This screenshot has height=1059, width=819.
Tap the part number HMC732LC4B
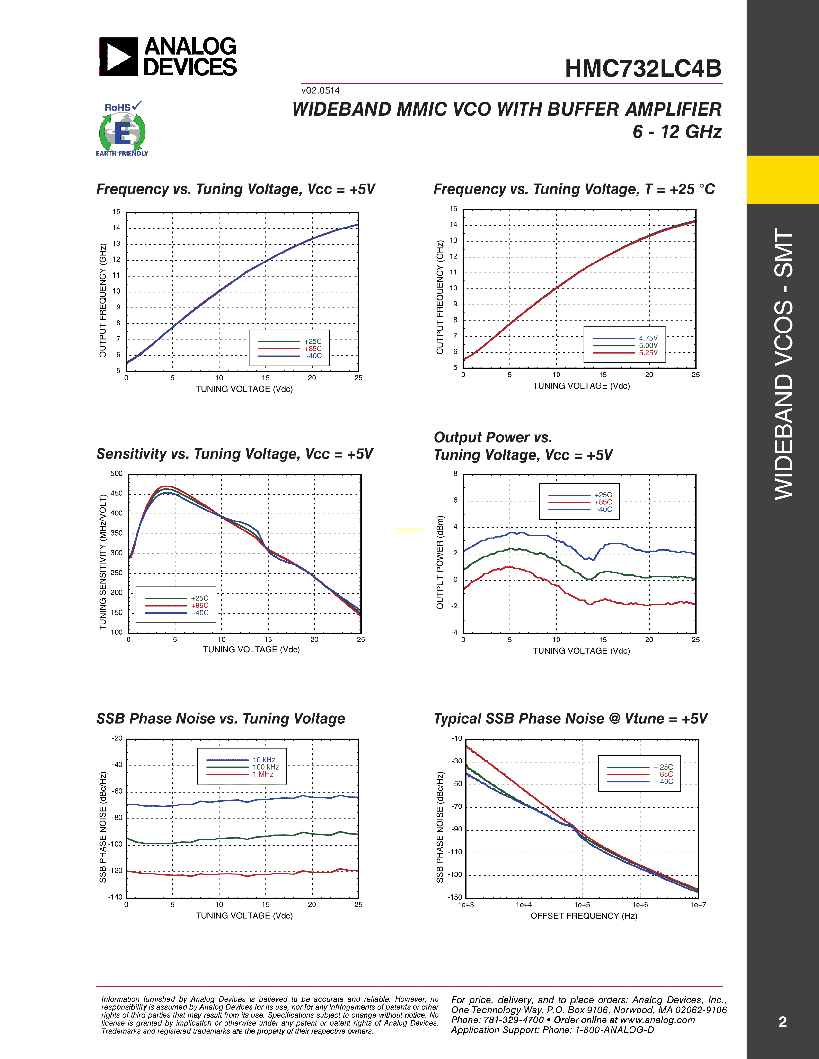tap(643, 69)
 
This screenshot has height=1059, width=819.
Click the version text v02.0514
tap(320, 91)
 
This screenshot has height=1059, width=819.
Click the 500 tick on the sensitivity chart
tap(117, 474)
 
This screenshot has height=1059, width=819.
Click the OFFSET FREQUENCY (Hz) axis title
tap(584, 916)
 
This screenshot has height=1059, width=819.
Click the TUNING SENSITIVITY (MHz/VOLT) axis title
tap(102, 563)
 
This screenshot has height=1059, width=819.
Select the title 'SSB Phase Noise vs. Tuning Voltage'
tap(221, 719)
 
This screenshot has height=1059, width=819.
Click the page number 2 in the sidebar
tap(783, 1022)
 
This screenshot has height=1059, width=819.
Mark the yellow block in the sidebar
tap(783, 179)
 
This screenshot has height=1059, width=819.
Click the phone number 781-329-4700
tap(513, 1020)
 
